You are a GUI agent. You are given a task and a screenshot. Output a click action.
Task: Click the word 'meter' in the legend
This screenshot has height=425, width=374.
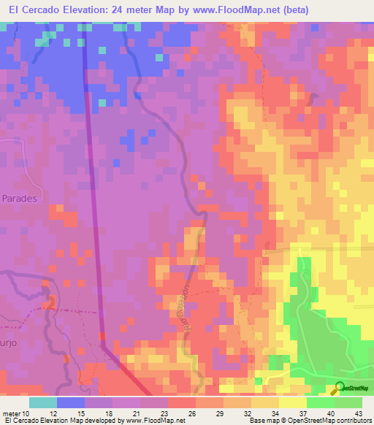pos(12,413)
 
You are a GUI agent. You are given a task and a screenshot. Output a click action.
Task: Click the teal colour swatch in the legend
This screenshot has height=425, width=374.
pos(43,402)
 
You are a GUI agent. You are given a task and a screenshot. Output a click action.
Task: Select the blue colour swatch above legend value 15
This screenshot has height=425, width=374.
pos(71,402)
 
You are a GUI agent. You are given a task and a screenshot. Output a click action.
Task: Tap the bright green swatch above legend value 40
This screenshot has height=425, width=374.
pos(321,402)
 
